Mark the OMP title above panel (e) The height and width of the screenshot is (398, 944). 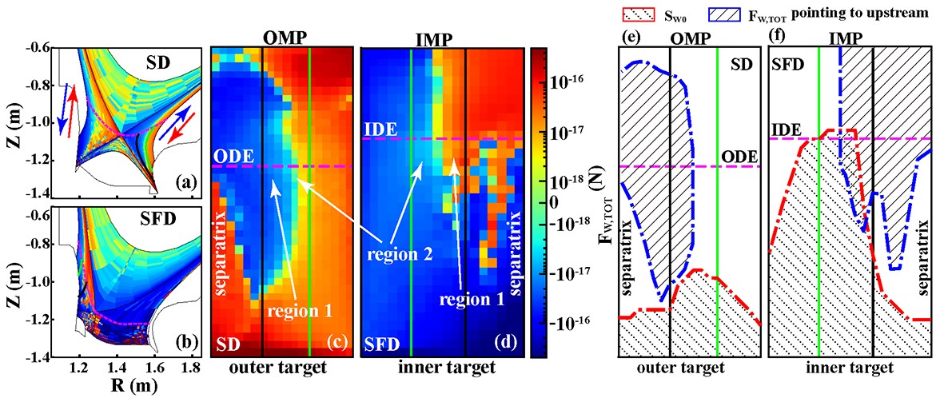[x=692, y=38]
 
